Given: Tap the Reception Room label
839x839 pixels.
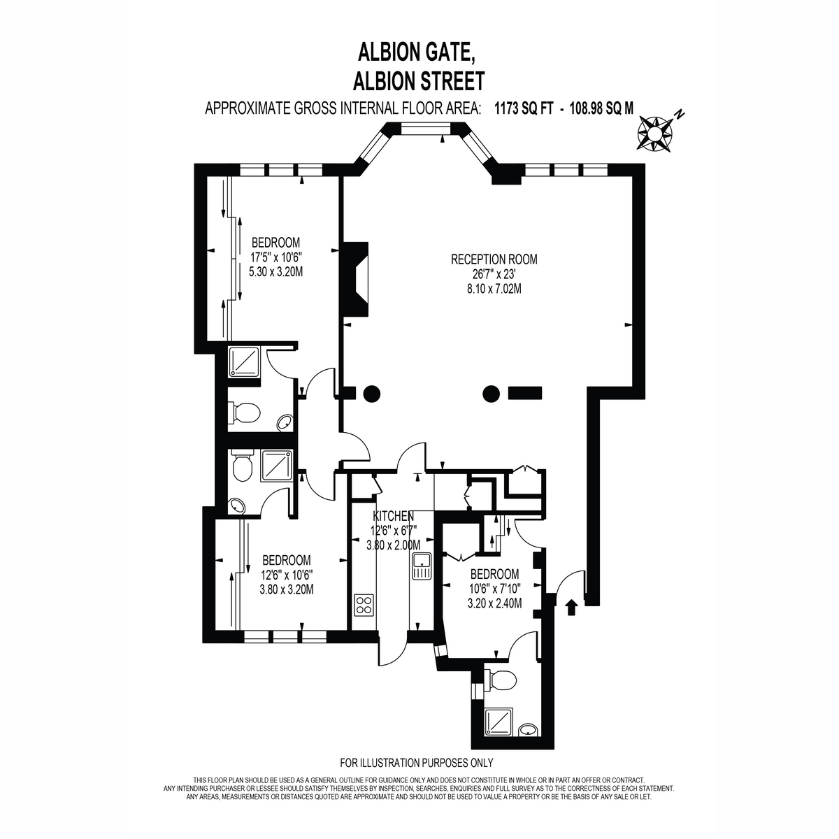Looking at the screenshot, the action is [494, 259].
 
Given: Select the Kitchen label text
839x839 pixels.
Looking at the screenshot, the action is [393, 517].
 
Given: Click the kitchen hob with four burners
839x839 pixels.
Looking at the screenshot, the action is [364, 605].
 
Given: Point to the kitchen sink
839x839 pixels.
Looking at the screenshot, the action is [421, 566].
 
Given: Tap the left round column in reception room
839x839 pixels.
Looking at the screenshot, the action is [371, 394].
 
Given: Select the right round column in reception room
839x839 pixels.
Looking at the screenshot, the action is [491, 394].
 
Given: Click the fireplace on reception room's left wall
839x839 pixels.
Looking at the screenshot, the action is [356, 279].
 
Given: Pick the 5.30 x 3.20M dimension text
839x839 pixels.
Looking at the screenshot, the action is [275, 272].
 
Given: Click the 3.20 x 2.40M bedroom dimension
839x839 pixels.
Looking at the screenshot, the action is [494, 603].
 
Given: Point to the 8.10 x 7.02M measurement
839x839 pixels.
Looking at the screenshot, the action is [494, 289].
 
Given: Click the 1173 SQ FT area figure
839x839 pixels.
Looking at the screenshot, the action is [524, 108].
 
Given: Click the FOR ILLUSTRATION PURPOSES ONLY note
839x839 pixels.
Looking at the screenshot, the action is [417, 762].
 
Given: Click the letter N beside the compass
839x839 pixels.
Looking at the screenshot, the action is [679, 115].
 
